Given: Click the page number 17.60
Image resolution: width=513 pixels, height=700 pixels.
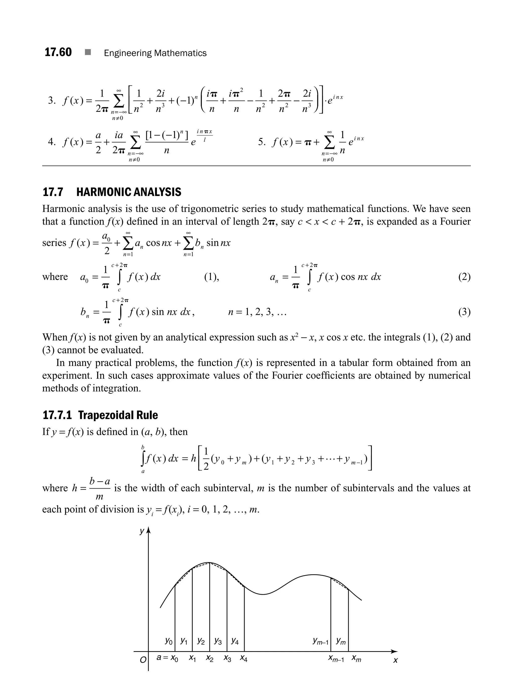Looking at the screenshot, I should (x=58, y=52).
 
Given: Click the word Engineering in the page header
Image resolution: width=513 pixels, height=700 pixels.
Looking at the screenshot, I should (x=128, y=53).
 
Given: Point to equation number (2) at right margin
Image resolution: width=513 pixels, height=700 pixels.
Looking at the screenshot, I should (x=464, y=277).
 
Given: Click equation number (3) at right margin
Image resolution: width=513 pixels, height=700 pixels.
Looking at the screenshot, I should (x=464, y=312).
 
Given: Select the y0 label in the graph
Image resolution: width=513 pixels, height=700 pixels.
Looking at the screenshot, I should (x=169, y=641).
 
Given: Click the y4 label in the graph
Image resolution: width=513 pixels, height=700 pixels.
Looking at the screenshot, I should (x=235, y=641).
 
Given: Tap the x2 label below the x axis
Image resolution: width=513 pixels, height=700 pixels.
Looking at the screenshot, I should (x=210, y=658).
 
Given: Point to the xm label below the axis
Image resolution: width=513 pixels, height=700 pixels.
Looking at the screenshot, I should (x=356, y=658).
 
